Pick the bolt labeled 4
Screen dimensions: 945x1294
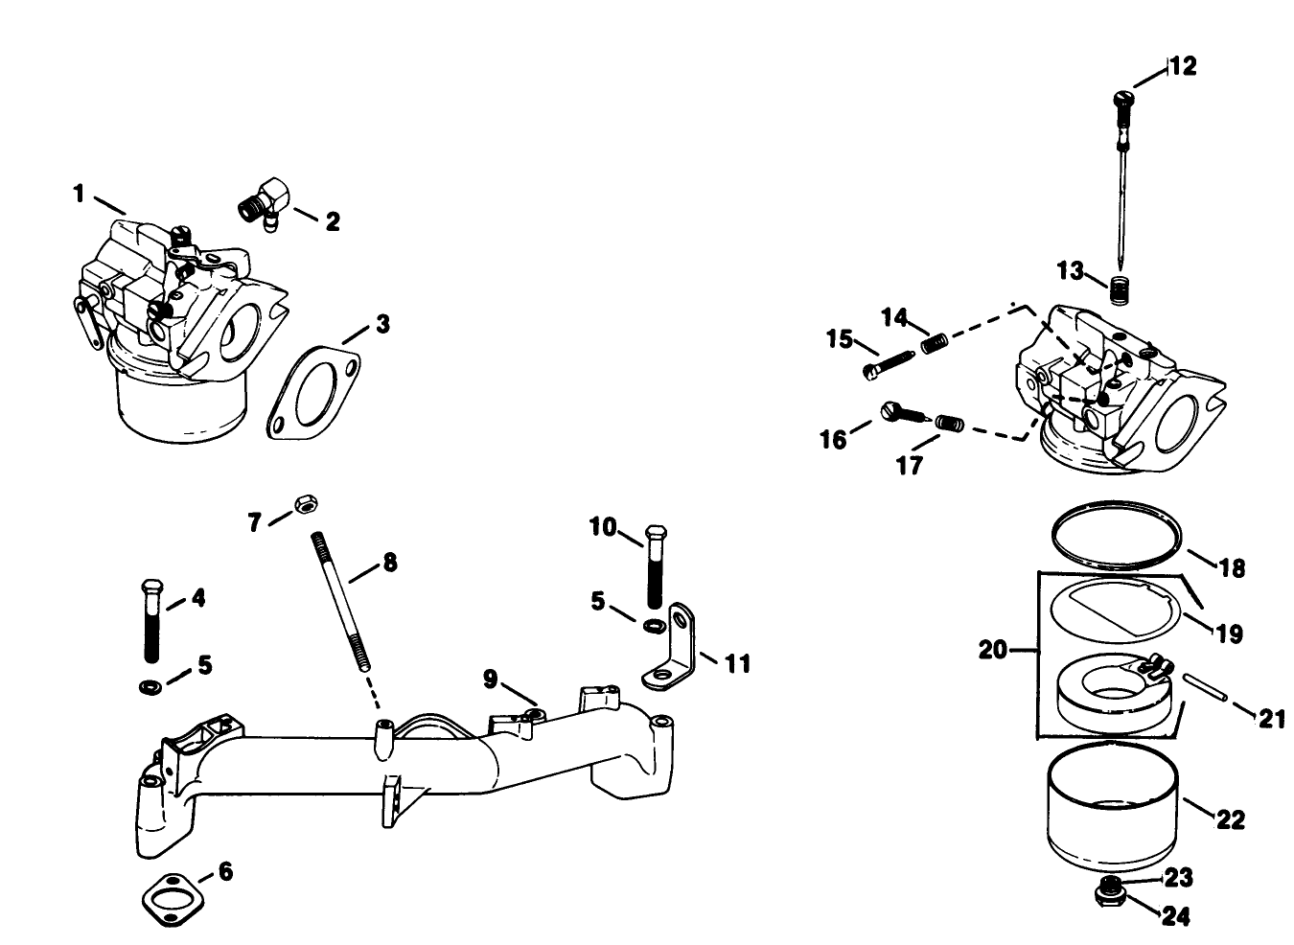(x=150, y=621)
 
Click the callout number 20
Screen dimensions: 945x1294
(x=994, y=651)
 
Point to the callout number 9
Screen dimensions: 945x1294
(x=490, y=680)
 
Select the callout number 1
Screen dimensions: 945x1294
(x=81, y=195)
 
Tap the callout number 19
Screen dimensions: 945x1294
(x=1229, y=634)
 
